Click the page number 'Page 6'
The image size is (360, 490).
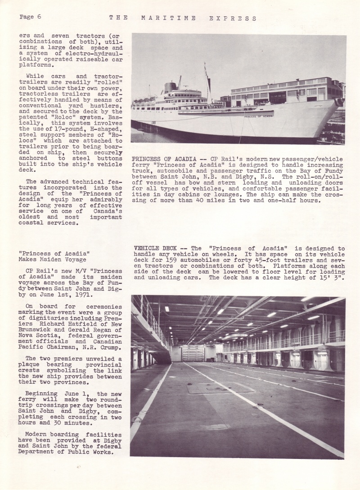click(31, 17)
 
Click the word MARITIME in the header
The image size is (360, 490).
click(168, 18)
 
